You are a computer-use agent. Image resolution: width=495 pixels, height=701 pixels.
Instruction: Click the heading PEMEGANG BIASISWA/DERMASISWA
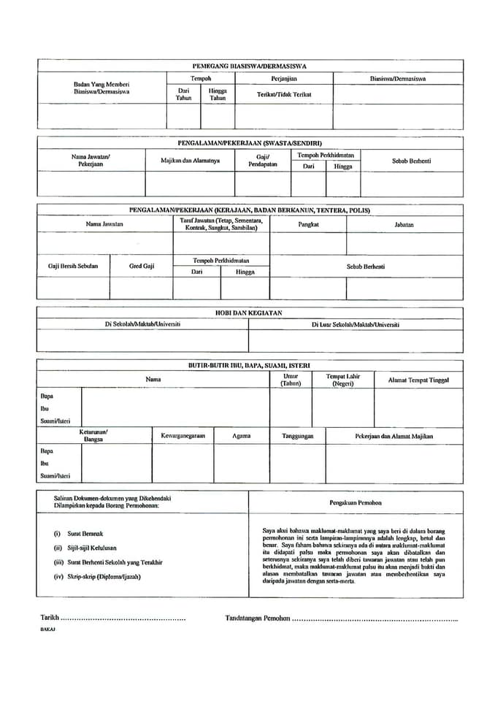pos(249,66)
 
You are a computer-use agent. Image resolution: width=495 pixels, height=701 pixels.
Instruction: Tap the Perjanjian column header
pos(283,78)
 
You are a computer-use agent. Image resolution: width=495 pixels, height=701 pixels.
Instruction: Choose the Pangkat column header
pos(308,224)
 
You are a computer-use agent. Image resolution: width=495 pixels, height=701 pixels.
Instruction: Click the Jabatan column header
pos(404,224)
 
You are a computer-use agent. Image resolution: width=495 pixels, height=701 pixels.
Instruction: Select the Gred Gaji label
pos(142,266)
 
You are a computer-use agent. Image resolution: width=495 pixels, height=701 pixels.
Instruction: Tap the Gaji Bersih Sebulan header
pos(72,266)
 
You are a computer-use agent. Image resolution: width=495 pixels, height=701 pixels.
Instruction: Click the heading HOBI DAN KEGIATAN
pos(248,313)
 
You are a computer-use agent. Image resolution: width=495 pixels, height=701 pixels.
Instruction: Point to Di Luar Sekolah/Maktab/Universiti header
pos(355,324)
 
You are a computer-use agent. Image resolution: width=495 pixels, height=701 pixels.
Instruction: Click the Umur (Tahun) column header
pos(291,380)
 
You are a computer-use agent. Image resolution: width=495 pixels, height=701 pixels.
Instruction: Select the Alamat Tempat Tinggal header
pos(418,380)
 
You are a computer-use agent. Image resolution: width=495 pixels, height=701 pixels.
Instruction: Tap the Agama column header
pos(241,436)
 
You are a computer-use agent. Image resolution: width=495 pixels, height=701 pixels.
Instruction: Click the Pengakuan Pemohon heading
pos(356,502)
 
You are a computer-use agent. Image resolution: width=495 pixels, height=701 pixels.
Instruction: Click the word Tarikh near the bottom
pos(50,618)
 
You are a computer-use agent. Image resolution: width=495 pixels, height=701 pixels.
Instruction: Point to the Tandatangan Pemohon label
pos(258,618)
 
